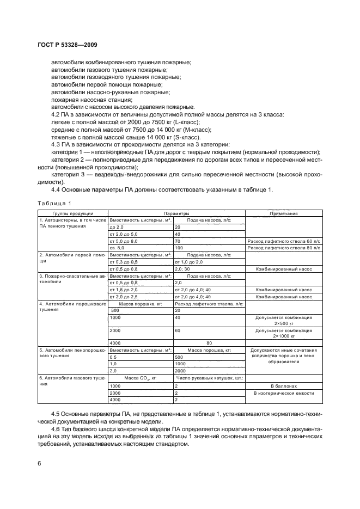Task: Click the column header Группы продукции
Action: click(x=72, y=213)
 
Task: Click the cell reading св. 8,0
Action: click(x=118, y=247)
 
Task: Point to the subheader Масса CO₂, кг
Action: click(x=141, y=377)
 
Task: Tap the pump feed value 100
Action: click(x=178, y=247)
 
